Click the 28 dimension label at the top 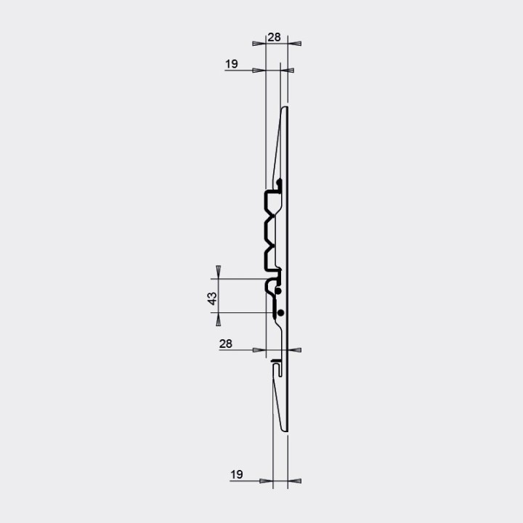[x=274, y=37]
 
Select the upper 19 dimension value [x=232, y=64]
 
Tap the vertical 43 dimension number [x=212, y=299]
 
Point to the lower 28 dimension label [x=225, y=344]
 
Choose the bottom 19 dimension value [x=237, y=474]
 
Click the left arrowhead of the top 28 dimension [x=259, y=44]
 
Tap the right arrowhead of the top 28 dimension [x=294, y=44]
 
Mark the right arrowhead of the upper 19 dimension [x=287, y=70]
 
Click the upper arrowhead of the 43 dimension [x=219, y=272]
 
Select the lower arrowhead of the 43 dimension [x=219, y=319]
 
